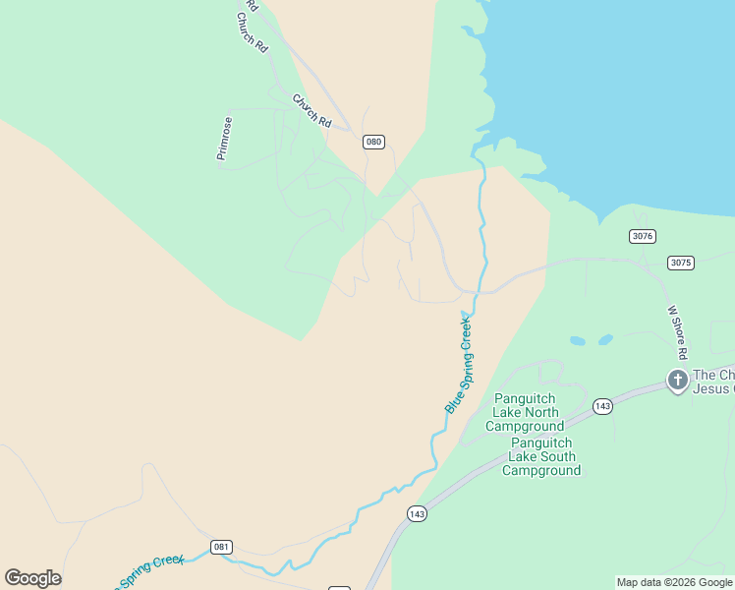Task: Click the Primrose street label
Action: click(x=226, y=139)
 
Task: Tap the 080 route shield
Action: click(x=373, y=142)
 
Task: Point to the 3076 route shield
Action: click(x=643, y=236)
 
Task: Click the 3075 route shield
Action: click(x=680, y=263)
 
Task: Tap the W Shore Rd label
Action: click(x=677, y=331)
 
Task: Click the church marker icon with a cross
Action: click(x=677, y=380)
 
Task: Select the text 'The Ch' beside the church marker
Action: click(x=713, y=375)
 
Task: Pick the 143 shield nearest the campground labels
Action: click(x=603, y=406)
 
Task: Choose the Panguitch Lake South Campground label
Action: click(x=541, y=456)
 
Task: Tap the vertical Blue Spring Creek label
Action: click(x=459, y=364)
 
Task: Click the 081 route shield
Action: click(x=221, y=546)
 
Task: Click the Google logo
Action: click(x=32, y=578)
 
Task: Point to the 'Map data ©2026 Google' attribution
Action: click(x=675, y=582)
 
